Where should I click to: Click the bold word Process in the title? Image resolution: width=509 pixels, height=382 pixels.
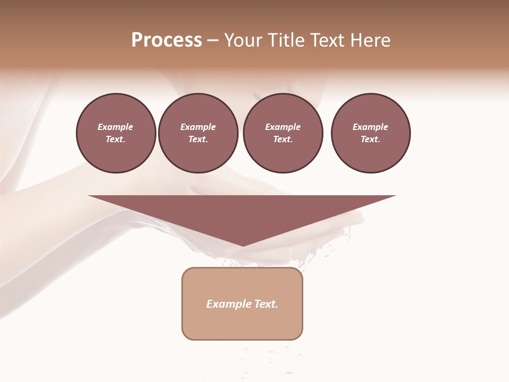[166, 40]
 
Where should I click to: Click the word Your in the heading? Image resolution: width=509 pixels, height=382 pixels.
[243, 40]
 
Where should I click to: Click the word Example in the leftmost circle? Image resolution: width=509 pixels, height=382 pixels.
[116, 127]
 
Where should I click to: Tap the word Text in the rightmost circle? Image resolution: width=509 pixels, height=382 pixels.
[370, 140]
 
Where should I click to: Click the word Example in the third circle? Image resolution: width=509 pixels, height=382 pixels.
[283, 127]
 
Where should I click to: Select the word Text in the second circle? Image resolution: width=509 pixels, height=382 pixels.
[198, 140]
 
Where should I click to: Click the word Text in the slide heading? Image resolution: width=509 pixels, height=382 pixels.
[326, 40]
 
